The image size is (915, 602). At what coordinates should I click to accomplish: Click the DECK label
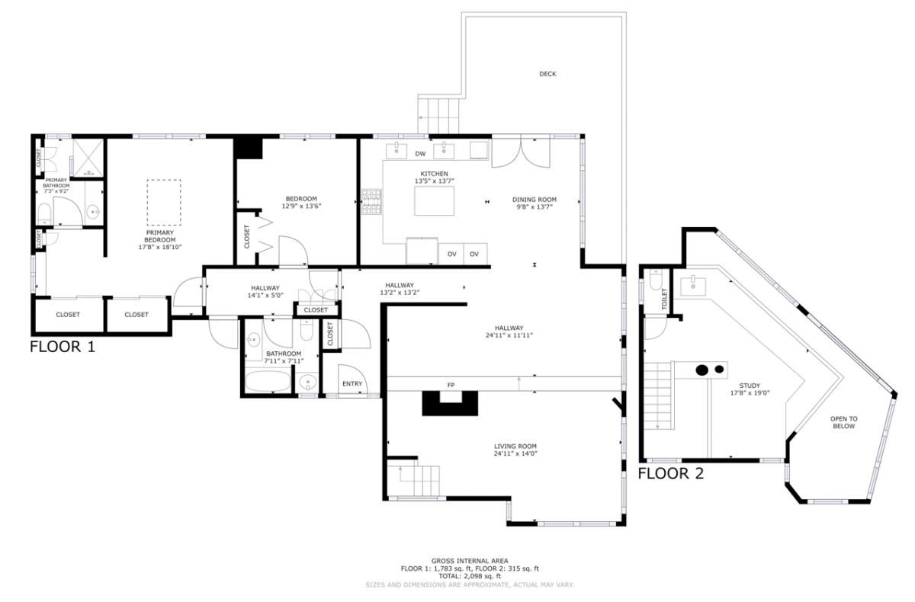(x=547, y=74)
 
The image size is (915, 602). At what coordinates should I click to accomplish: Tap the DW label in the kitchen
(x=420, y=154)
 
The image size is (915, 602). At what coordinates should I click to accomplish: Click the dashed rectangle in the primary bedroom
(x=164, y=203)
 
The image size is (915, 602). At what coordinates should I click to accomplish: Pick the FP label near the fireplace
(x=450, y=386)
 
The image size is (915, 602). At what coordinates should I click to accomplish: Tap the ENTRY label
(x=352, y=383)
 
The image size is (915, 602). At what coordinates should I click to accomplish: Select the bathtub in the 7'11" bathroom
(x=268, y=381)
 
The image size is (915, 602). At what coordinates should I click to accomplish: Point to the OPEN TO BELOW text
(x=843, y=422)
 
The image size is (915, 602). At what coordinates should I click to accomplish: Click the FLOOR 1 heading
(x=63, y=347)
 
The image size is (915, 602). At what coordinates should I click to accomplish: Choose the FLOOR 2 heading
(x=670, y=473)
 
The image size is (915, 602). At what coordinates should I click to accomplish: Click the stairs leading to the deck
(x=440, y=114)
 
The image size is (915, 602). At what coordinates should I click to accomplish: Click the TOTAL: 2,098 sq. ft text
(x=470, y=576)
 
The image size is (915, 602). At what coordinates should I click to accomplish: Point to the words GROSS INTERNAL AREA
(x=470, y=561)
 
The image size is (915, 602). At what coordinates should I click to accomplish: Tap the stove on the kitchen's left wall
(x=371, y=201)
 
